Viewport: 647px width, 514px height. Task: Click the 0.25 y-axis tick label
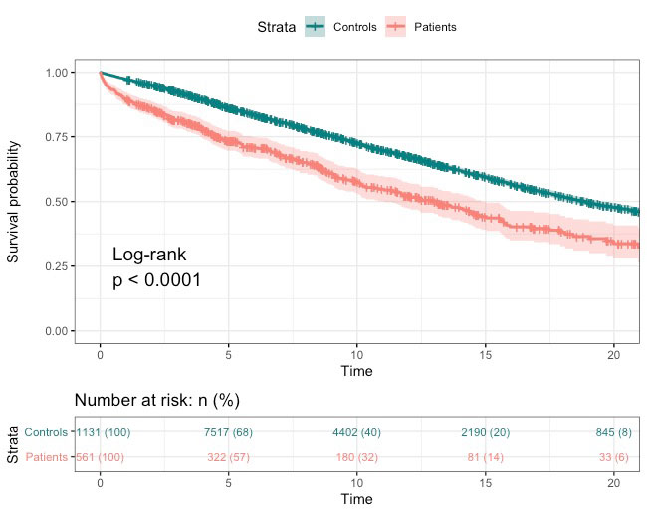click(x=57, y=266)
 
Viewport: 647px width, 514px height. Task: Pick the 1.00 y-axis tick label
click(x=57, y=73)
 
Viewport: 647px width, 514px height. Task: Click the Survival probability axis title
click(x=14, y=201)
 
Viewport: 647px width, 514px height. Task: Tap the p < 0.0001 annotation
click(x=157, y=280)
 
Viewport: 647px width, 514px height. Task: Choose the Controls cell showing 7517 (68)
click(x=228, y=432)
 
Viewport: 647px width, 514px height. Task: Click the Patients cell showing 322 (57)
click(x=228, y=457)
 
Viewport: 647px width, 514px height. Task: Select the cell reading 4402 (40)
click(x=356, y=432)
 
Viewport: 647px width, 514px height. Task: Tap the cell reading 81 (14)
click(x=486, y=457)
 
